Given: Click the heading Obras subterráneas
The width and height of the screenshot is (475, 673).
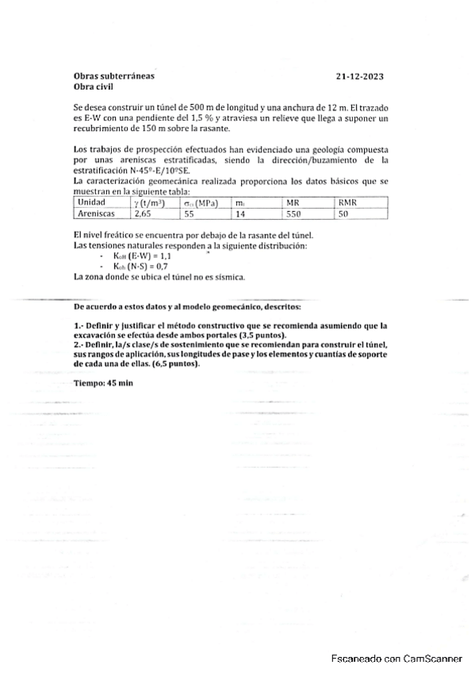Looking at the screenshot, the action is pyautogui.click(x=114, y=76).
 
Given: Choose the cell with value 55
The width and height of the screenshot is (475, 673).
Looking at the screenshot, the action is pyautogui.click(x=189, y=213).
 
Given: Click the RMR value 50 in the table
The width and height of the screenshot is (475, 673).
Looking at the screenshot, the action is pyautogui.click(x=343, y=213).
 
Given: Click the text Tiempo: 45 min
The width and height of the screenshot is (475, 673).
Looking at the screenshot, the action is pyautogui.click(x=103, y=383).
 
